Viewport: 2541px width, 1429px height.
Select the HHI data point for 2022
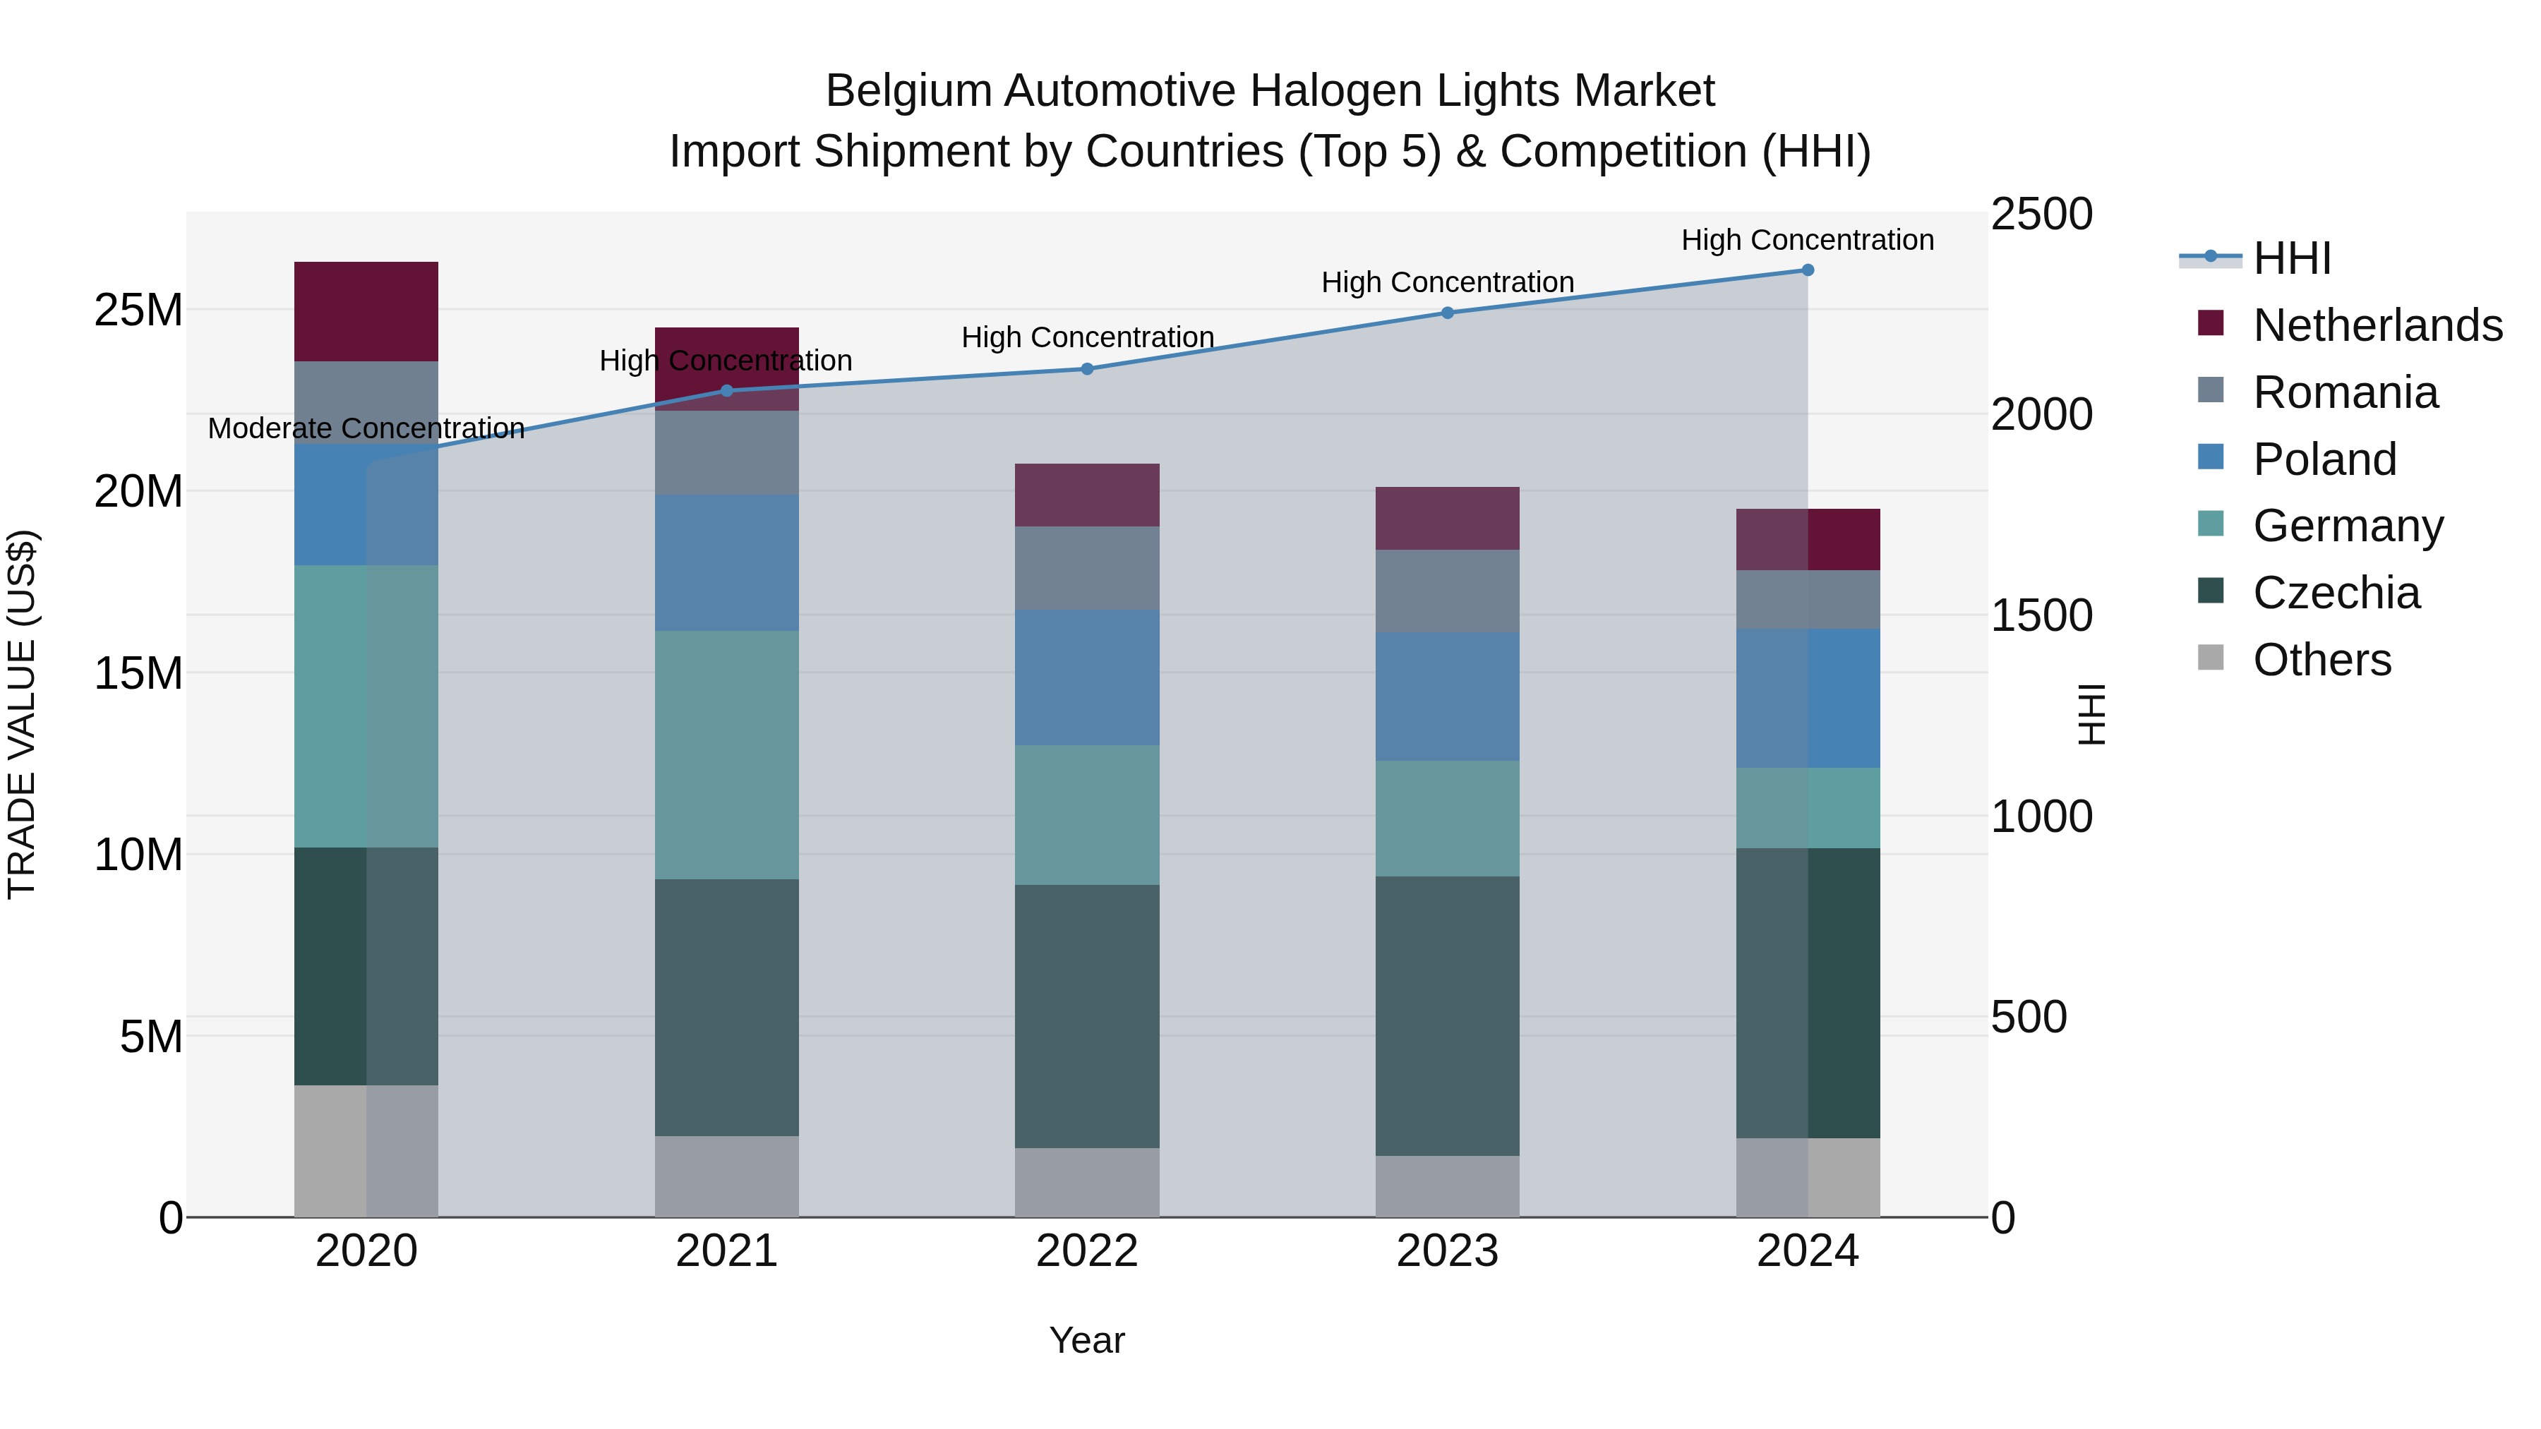click(1087, 369)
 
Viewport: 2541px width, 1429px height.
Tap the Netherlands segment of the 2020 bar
click(366, 312)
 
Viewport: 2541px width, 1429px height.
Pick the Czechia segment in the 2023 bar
click(1447, 1015)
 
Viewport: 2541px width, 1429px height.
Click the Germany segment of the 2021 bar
click(727, 754)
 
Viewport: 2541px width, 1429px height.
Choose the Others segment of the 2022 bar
click(1087, 1183)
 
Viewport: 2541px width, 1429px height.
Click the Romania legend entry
click(2345, 392)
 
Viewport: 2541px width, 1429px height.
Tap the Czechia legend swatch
click(2211, 592)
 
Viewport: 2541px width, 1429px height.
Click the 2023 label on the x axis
click(1447, 1251)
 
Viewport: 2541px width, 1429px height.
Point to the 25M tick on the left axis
click(138, 310)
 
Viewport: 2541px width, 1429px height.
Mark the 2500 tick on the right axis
click(2041, 214)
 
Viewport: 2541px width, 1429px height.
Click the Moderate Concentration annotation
click(366, 428)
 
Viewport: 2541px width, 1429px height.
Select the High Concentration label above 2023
click(1447, 282)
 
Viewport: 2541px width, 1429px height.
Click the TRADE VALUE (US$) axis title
click(22, 714)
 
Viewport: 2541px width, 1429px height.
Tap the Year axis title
click(1087, 1340)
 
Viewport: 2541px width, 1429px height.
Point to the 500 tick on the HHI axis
click(2028, 1017)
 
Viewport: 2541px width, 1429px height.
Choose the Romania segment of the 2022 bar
click(1087, 568)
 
